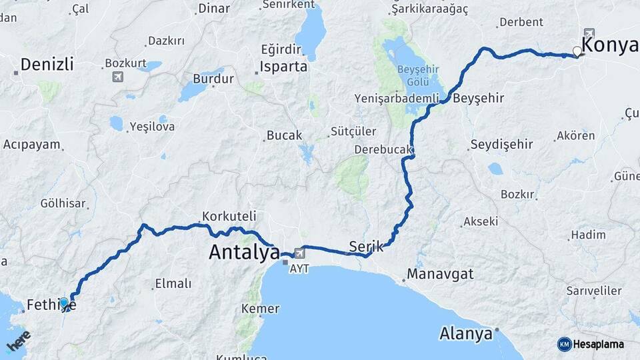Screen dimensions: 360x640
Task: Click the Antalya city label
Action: click(x=244, y=252)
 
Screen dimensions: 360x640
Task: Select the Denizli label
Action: click(x=47, y=65)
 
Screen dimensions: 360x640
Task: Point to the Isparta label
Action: click(x=284, y=67)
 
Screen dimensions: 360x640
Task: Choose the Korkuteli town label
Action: click(x=229, y=216)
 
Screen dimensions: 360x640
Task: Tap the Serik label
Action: click(x=366, y=246)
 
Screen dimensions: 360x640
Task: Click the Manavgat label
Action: click(x=440, y=273)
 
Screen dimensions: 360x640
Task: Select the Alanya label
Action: click(x=466, y=333)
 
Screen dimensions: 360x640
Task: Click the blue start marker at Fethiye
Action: click(x=64, y=303)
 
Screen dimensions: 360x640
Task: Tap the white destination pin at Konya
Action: click(x=577, y=51)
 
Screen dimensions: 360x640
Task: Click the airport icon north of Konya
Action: click(x=589, y=33)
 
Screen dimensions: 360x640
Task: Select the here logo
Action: click(x=18, y=341)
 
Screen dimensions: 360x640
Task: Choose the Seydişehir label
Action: click(x=501, y=144)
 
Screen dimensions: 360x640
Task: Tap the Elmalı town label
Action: click(x=173, y=283)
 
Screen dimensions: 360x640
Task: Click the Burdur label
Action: click(x=213, y=79)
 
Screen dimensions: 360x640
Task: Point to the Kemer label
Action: click(x=260, y=309)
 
